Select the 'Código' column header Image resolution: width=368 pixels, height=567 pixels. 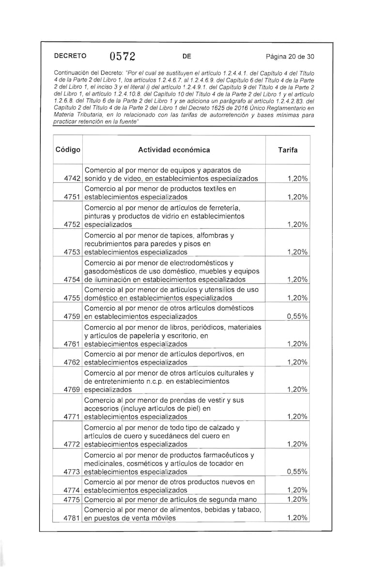[x=68, y=150]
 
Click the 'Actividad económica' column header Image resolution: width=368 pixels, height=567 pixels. [x=174, y=150]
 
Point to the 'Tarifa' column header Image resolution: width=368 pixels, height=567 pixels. [x=288, y=150]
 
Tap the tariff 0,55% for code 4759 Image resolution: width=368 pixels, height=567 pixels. [x=297, y=316]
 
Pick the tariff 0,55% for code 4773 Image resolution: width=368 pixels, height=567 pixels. [x=297, y=472]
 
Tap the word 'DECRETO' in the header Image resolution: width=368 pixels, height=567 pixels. [x=70, y=56]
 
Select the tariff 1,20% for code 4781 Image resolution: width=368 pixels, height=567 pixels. [x=297, y=518]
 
